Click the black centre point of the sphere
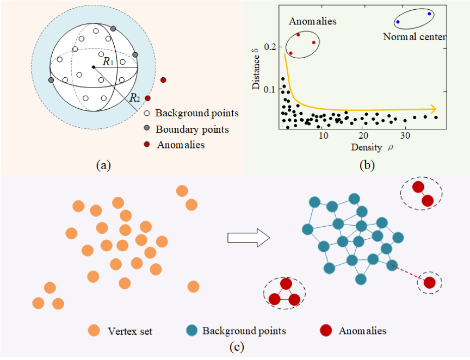(x=94, y=67)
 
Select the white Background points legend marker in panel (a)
(x=147, y=114)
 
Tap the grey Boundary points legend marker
(x=147, y=129)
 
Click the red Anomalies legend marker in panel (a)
(x=147, y=145)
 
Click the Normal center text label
(x=415, y=37)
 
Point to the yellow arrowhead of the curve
(x=432, y=109)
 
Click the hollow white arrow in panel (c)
(x=249, y=238)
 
